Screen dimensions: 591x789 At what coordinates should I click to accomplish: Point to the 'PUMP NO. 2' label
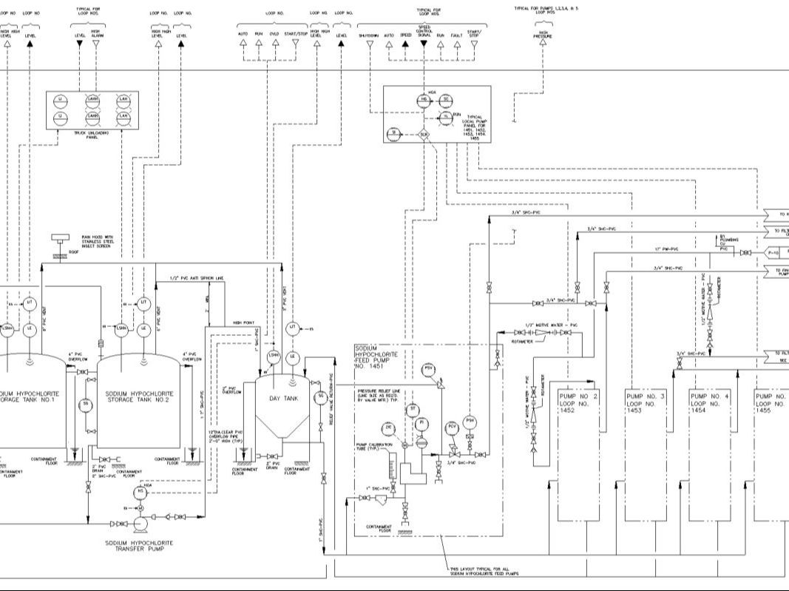(x=578, y=396)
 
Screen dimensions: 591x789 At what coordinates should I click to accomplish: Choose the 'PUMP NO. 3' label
(x=646, y=396)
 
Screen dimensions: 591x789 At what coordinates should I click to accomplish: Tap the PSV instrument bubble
(x=428, y=368)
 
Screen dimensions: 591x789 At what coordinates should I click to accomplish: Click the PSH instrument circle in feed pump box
(x=470, y=422)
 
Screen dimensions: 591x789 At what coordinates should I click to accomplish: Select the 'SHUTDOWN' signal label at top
(x=369, y=35)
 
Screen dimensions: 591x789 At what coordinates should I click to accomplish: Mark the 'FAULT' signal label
(x=457, y=35)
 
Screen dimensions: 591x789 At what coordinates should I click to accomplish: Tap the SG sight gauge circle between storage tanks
(x=86, y=404)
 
